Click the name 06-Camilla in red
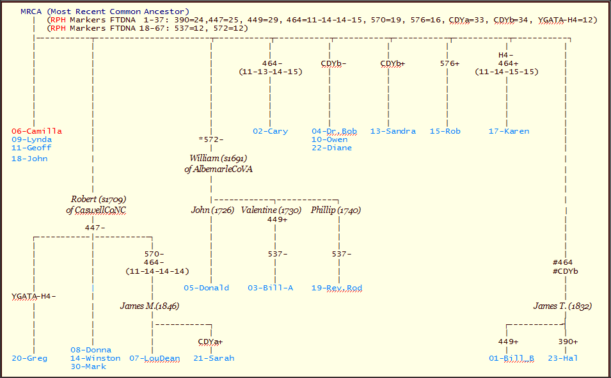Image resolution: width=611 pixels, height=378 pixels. pyautogui.click(x=36, y=131)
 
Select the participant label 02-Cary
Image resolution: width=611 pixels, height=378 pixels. pyautogui.click(x=270, y=131)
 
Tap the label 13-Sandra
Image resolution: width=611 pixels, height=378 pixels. pyautogui.click(x=392, y=131)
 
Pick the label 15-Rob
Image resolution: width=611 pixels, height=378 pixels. pyautogui.click(x=445, y=131)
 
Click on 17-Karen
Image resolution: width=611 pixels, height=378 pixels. pyautogui.click(x=509, y=131)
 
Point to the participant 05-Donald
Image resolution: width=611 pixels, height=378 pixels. pyautogui.click(x=206, y=288)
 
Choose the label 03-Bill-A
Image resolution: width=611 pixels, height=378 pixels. pyautogui.click(x=270, y=288)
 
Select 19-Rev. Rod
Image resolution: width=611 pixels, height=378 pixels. pyautogui.click(x=337, y=288)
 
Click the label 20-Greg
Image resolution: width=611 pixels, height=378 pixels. pyautogui.click(x=29, y=358)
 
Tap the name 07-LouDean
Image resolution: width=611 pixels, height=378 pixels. pyautogui.click(x=154, y=358)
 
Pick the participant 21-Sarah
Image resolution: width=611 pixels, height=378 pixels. pyautogui.click(x=214, y=358)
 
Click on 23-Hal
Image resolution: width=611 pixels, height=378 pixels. pyautogui.click(x=562, y=358)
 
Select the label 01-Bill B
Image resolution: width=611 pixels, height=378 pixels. pyautogui.click(x=512, y=358)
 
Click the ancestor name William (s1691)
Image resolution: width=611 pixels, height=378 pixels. pyautogui.click(x=218, y=158)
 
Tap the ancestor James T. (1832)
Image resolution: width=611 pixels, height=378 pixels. pyautogui.click(x=562, y=306)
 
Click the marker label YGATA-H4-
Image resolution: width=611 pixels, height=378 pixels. pyautogui.click(x=33, y=296)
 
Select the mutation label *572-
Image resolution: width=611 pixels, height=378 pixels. pyautogui.click(x=211, y=139)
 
